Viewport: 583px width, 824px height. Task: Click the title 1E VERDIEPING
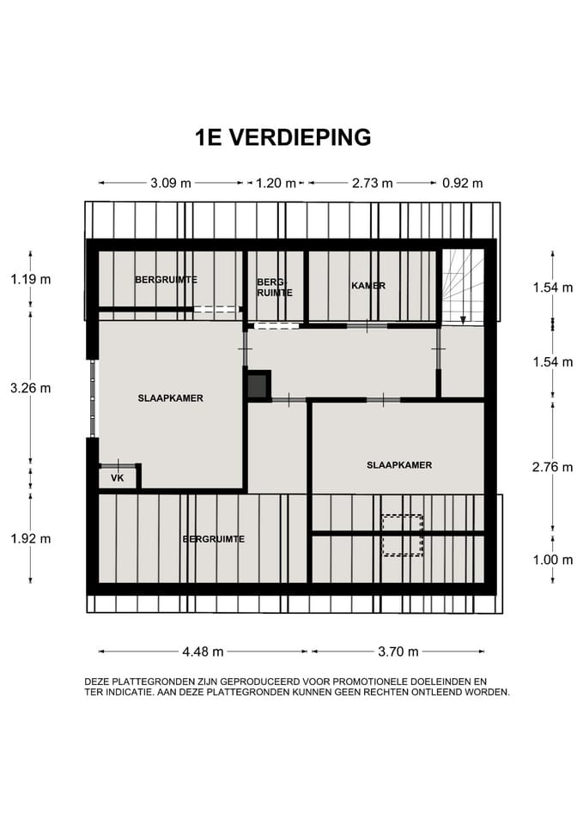coord(282,137)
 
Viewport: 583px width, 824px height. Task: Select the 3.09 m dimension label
coord(171,183)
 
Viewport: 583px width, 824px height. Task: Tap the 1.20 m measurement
coord(276,183)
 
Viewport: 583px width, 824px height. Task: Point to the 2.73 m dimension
coord(373,183)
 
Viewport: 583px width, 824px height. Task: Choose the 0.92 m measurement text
coord(463,183)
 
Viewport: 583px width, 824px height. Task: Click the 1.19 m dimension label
coord(31,279)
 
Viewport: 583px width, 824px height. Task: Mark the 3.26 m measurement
coord(31,388)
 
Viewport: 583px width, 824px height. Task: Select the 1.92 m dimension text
coord(31,539)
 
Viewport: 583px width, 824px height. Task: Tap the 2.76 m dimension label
coord(552,467)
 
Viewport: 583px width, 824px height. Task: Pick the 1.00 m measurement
coord(552,560)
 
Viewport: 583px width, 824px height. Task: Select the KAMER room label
coord(368,285)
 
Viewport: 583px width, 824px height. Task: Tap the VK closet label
coord(118,478)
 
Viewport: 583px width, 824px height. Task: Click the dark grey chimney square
coord(258,385)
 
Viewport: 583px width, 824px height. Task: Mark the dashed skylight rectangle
coord(402,535)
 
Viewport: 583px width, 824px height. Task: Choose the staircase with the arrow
coord(462,286)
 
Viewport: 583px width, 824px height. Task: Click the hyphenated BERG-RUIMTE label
coord(275,287)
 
